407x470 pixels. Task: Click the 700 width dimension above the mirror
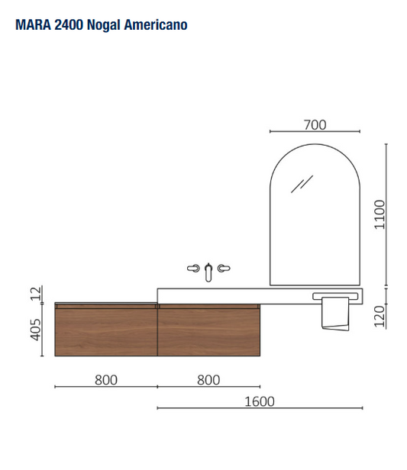click(315, 125)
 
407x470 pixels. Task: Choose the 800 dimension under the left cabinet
click(106, 379)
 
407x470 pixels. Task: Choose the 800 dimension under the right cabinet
click(208, 379)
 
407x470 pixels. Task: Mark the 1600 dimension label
click(260, 401)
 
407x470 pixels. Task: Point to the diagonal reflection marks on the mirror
click(305, 184)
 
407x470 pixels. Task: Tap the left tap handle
click(192, 269)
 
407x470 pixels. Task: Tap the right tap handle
click(224, 269)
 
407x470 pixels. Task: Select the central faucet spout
click(208, 271)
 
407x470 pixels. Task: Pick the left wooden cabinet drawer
click(106, 330)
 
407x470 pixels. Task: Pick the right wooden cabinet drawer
click(208, 330)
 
